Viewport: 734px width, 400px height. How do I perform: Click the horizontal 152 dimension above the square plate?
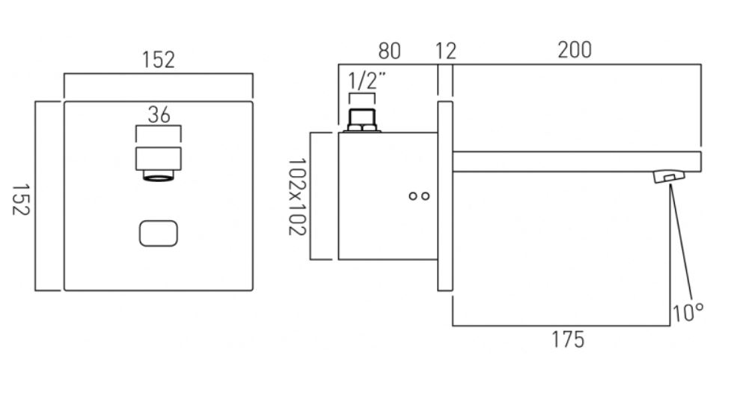(x=159, y=60)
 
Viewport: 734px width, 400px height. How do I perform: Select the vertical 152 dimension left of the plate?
(x=20, y=196)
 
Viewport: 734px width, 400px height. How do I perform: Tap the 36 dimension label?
(x=159, y=114)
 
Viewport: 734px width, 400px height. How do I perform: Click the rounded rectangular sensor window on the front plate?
(x=159, y=234)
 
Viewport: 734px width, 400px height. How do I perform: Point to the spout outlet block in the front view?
(x=159, y=159)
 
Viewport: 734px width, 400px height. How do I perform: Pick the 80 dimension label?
(x=389, y=51)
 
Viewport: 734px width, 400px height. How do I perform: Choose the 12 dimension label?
(x=445, y=51)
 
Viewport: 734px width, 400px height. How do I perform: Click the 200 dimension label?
(x=574, y=50)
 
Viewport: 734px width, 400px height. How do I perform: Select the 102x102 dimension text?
(x=299, y=196)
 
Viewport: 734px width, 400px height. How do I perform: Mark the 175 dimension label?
(x=568, y=339)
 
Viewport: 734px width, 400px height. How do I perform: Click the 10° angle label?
(x=687, y=312)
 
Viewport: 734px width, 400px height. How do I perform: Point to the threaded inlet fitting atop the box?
(x=364, y=121)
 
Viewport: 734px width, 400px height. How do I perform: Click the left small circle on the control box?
(x=413, y=196)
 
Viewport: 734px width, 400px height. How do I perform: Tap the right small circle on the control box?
(x=426, y=196)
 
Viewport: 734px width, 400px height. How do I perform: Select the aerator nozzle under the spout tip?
(x=670, y=177)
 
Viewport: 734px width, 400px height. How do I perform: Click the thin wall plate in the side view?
(x=445, y=195)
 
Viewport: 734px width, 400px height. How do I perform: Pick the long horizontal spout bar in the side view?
(x=576, y=162)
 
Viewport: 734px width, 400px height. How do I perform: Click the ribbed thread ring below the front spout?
(x=159, y=177)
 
